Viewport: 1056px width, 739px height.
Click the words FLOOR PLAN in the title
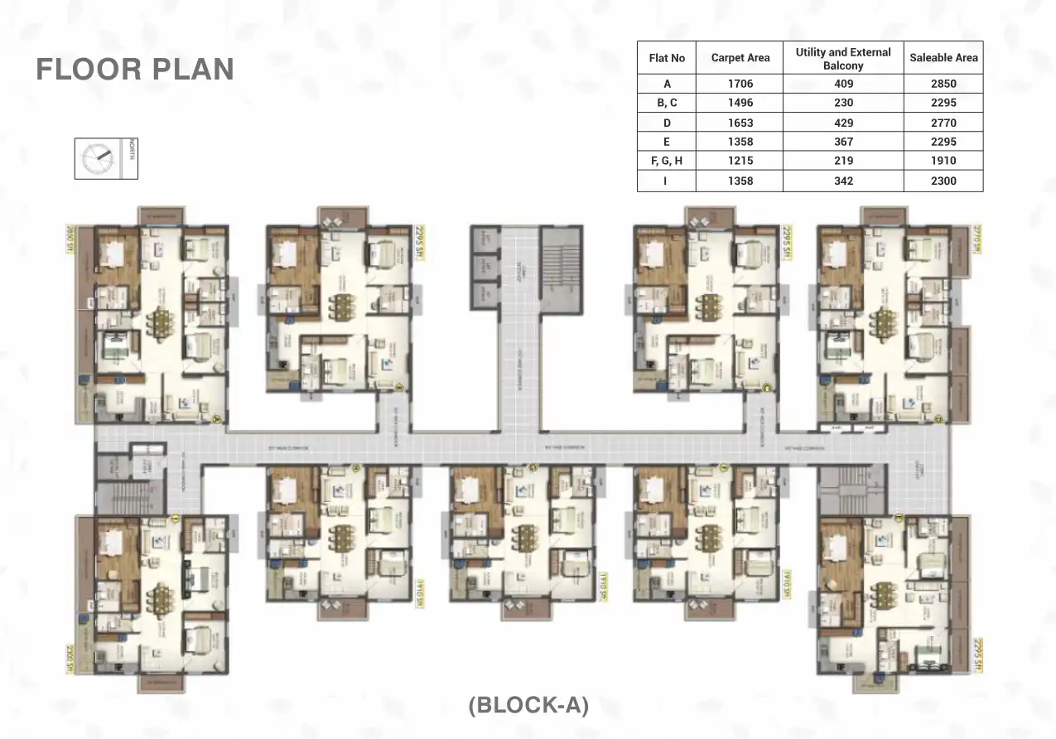[135, 70]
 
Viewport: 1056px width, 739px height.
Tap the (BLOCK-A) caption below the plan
[528, 705]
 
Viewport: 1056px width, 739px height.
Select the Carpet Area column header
[740, 58]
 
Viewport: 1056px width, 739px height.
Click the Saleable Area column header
[943, 58]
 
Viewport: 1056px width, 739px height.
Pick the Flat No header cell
[667, 58]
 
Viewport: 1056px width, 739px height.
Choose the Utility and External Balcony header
[843, 58]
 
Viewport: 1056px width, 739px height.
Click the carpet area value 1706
[740, 84]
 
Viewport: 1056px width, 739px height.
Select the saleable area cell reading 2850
[943, 84]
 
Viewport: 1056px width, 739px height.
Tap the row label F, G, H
[667, 162]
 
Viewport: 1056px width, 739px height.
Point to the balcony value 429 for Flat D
[843, 123]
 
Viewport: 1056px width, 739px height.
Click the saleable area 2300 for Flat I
[943, 181]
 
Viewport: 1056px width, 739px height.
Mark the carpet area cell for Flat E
[740, 142]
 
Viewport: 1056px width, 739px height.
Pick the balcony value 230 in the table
[843, 103]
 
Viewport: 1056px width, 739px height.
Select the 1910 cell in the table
[943, 162]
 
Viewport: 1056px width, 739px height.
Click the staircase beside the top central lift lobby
[562, 258]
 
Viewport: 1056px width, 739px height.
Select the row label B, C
[667, 103]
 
